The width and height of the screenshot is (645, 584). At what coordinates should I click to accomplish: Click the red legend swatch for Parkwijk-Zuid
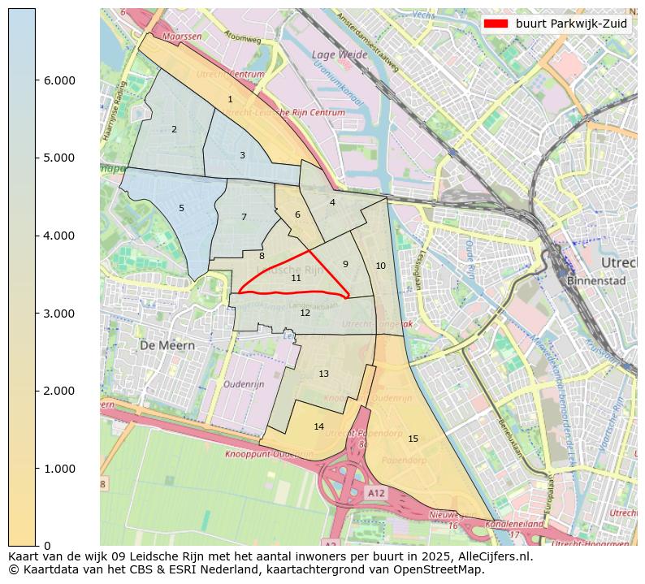[x=496, y=24]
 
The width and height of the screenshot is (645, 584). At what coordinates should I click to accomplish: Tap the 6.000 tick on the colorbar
[x=54, y=80]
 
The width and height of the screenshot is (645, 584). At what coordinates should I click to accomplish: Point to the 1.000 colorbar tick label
[x=54, y=469]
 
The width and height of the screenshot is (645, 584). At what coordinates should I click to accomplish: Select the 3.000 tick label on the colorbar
[x=54, y=314]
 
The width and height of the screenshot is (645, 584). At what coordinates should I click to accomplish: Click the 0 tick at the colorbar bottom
[x=47, y=546]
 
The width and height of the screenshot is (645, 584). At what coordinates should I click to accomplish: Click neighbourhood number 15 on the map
[x=413, y=439]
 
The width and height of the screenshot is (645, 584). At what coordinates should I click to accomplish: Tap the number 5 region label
[x=181, y=208]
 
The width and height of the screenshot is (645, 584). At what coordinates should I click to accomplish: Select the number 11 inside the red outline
[x=297, y=278]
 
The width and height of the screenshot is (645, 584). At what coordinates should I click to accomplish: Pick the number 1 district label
[x=230, y=99]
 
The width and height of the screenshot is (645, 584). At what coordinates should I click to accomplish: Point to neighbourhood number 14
[x=318, y=426]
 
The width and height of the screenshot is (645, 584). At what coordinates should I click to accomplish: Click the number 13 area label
[x=323, y=374]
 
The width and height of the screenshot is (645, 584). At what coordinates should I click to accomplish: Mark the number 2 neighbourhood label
[x=174, y=129]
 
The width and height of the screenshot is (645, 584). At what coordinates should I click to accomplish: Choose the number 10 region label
[x=380, y=266]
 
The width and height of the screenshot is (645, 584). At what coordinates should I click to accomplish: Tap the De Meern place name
[x=167, y=345]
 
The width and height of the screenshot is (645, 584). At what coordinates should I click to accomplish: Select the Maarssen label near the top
[x=182, y=37]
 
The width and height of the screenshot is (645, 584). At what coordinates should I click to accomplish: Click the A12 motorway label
[x=376, y=493]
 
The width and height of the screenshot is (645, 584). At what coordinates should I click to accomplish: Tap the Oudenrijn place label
[x=245, y=384]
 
